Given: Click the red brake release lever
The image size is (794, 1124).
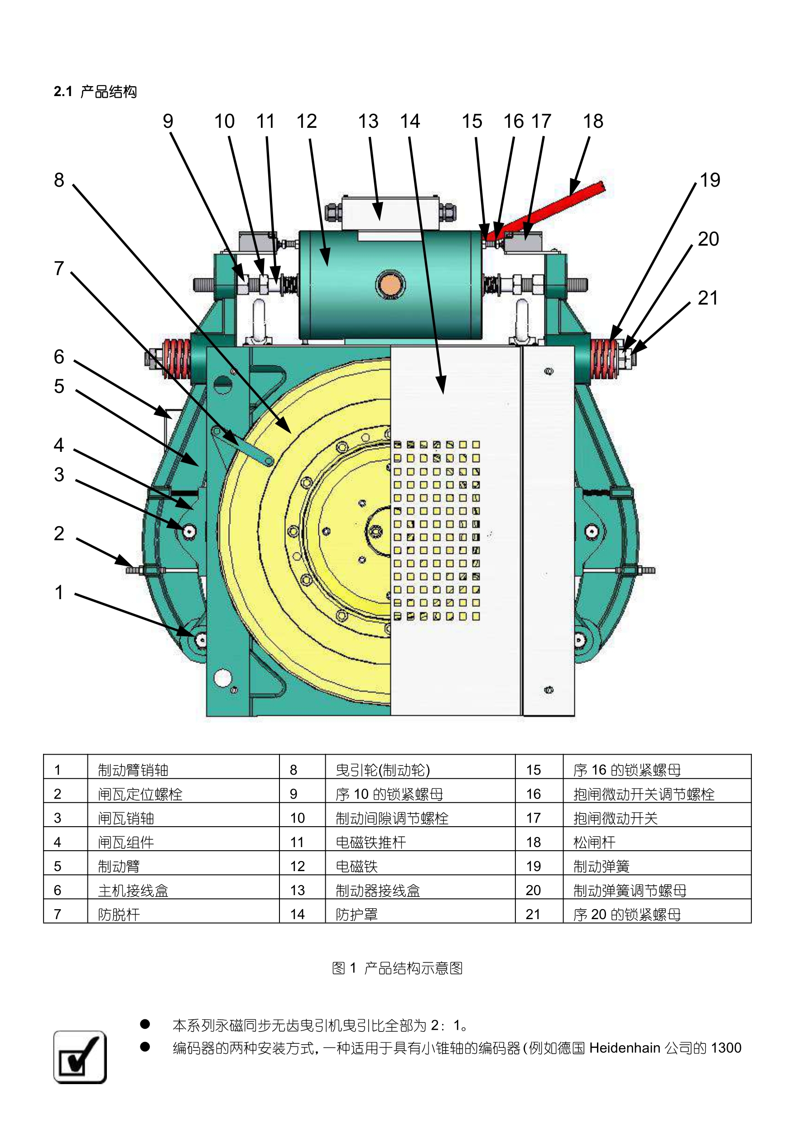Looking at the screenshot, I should tap(553, 209).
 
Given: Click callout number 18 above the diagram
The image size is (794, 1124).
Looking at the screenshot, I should tap(593, 121).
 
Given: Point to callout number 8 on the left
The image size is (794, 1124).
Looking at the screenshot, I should tap(59, 180).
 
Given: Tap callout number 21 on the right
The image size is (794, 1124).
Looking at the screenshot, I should tap(708, 298).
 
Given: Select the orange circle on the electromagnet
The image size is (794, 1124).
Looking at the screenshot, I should tap(390, 284).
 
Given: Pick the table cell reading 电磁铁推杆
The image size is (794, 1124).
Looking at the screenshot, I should tap(371, 842).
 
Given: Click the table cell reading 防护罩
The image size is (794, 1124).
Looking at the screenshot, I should tap(356, 914).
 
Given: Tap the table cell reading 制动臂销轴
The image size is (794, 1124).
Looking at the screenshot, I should tap(133, 770).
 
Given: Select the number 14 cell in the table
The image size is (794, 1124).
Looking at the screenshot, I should tap(298, 914).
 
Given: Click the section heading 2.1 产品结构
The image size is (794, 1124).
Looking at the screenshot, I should tap(96, 92).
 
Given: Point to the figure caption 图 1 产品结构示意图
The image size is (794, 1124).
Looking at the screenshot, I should tap(397, 968).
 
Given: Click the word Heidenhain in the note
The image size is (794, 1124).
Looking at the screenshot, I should tap(624, 1047).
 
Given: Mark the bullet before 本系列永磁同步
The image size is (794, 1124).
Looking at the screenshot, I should tap(145, 1024).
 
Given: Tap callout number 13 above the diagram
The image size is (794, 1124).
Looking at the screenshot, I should tap(368, 121).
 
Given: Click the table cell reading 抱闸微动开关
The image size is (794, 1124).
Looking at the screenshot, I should tap(616, 818).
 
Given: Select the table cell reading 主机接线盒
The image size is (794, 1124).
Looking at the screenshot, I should tap(133, 890).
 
